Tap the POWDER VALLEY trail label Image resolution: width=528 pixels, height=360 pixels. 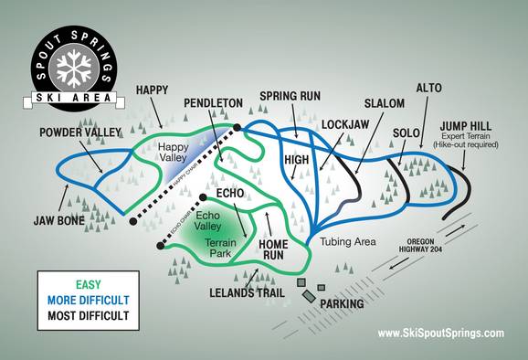[x=80, y=132]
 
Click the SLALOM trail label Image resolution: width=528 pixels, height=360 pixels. [x=384, y=104]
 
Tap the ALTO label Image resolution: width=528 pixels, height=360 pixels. [x=429, y=89]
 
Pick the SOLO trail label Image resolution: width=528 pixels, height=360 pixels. [x=406, y=132]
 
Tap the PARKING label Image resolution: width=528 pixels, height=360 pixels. [x=342, y=303]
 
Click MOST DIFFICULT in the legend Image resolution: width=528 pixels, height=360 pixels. [x=83, y=316]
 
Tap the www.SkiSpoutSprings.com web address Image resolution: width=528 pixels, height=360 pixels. [x=439, y=334]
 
